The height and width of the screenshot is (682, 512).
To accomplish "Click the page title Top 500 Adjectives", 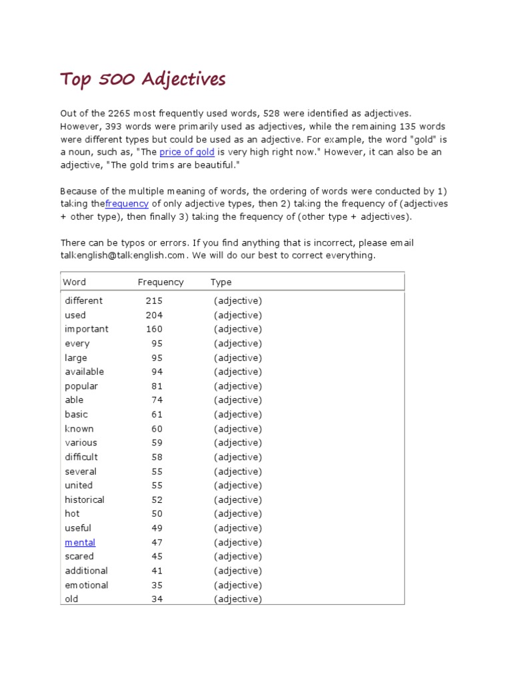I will click(x=143, y=81).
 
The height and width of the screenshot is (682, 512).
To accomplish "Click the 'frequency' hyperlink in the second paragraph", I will click(x=127, y=204).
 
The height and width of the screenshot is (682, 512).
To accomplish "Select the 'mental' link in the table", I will click(x=80, y=543).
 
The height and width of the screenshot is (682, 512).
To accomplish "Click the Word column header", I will click(x=75, y=282).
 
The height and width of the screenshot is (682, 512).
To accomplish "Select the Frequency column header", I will click(x=161, y=282).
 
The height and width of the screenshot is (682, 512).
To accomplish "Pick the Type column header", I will click(x=221, y=282).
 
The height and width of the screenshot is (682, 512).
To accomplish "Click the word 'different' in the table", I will click(x=83, y=301).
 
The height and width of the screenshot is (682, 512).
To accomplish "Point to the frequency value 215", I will click(x=154, y=301).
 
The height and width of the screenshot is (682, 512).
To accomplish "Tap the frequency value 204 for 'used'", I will click(x=154, y=315).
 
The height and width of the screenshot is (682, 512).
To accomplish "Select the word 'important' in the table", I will click(x=87, y=329).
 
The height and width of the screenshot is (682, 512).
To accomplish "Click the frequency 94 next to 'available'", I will click(x=157, y=372).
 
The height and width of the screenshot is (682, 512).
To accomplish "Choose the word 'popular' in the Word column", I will click(x=81, y=386).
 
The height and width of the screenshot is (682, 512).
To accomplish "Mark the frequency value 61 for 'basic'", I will click(x=157, y=414).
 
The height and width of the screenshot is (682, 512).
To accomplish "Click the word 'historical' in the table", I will click(x=85, y=500).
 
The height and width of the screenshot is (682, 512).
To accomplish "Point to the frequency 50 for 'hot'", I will click(x=157, y=514).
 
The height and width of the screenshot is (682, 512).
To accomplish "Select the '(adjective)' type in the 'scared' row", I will click(x=238, y=557).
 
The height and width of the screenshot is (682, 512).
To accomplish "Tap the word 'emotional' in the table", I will click(x=87, y=585).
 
